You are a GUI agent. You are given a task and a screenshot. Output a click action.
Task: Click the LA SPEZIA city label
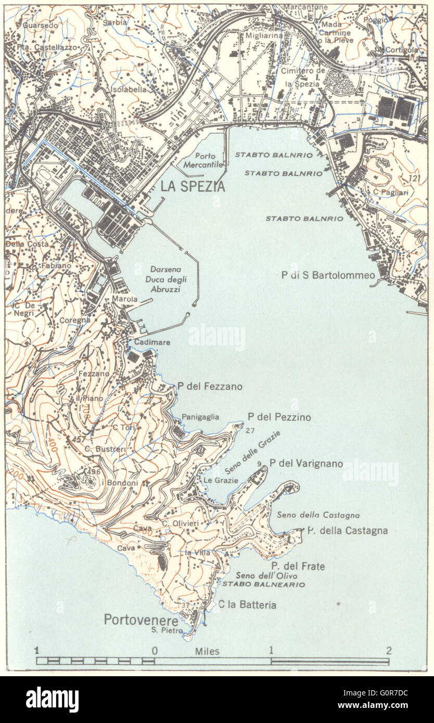point(193,186)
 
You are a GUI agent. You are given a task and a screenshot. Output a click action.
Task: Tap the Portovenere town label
point(141,620)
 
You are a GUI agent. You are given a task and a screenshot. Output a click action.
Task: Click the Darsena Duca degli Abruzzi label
point(168,279)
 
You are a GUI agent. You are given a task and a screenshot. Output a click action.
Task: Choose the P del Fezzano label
point(210,386)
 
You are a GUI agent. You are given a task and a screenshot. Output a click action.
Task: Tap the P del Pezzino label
point(279,417)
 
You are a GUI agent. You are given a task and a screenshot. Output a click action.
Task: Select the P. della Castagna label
point(347,531)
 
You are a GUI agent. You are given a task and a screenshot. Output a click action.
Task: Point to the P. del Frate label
point(298,566)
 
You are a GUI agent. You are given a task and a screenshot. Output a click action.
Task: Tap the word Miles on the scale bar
point(207,651)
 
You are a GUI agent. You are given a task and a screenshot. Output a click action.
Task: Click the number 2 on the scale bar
point(388,650)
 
